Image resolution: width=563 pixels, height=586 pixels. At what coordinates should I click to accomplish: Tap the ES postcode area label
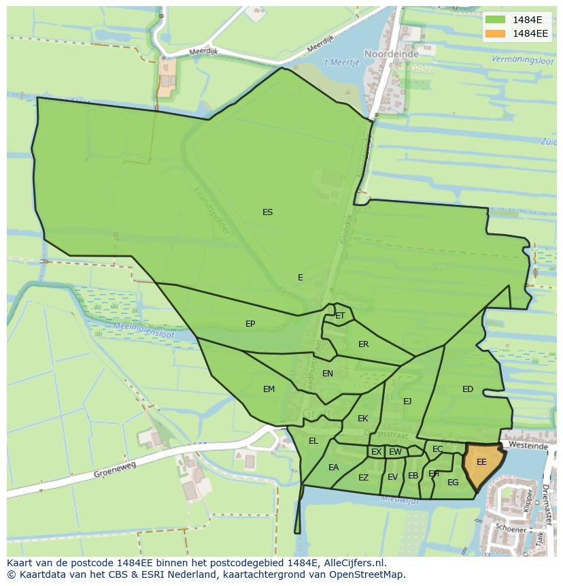point(267,212)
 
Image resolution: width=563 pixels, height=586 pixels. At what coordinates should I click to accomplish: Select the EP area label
point(250,324)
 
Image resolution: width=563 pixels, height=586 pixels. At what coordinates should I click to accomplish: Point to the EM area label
point(269,389)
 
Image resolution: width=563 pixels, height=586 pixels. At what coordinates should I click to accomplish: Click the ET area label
point(340,316)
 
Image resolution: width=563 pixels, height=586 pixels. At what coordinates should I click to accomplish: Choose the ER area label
point(363,344)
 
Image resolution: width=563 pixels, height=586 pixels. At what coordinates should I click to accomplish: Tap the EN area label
point(328,374)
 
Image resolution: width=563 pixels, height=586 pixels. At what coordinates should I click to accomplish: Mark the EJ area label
point(407,402)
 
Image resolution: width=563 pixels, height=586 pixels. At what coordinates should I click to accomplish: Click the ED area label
point(468,389)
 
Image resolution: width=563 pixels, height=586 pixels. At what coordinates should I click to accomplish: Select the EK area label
point(362,419)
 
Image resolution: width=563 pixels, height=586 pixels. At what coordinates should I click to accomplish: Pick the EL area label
point(313,441)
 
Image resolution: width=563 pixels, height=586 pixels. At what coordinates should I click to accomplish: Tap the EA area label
point(333,468)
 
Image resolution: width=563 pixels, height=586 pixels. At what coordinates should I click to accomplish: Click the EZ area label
point(363,478)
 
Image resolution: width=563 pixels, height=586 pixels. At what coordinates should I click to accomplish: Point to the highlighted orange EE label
point(481,462)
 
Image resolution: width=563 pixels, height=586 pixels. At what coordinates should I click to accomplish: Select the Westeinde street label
point(528,446)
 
